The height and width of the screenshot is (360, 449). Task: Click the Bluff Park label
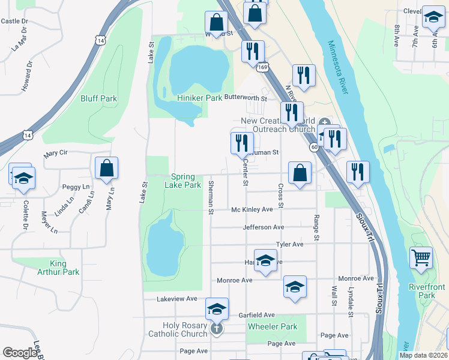(x=98, y=98)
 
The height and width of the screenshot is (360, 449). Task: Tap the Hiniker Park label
(x=199, y=98)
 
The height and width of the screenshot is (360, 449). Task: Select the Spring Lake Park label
(x=183, y=181)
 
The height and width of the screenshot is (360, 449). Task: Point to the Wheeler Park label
(x=272, y=327)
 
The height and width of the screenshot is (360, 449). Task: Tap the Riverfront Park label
(x=426, y=291)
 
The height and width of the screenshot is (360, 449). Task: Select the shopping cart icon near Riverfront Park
(x=421, y=258)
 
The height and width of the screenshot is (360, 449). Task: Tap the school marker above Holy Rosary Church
(x=217, y=309)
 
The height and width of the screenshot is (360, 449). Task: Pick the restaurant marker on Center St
(x=242, y=143)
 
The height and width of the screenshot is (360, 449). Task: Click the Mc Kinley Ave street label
(x=252, y=210)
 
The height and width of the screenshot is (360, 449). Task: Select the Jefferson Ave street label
(x=263, y=227)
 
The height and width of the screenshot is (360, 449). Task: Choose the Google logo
(x=20, y=353)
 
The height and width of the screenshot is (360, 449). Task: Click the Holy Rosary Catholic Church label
(x=177, y=329)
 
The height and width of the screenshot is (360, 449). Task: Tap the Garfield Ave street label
(x=256, y=315)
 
